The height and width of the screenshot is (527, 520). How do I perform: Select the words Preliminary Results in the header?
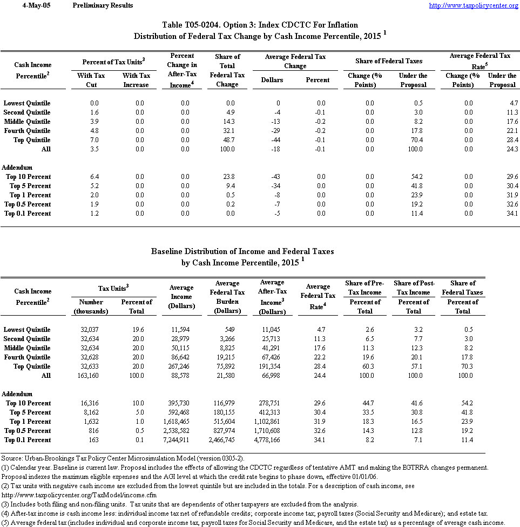click(102, 5)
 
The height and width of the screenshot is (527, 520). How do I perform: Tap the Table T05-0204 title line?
click(260, 25)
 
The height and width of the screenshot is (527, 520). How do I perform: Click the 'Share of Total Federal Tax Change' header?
click(227, 70)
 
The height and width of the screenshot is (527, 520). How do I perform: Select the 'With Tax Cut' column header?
click(91, 80)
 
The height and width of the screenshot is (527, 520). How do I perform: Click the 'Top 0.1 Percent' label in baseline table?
click(28, 440)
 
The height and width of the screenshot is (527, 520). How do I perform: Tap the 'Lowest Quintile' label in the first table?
click(27, 103)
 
